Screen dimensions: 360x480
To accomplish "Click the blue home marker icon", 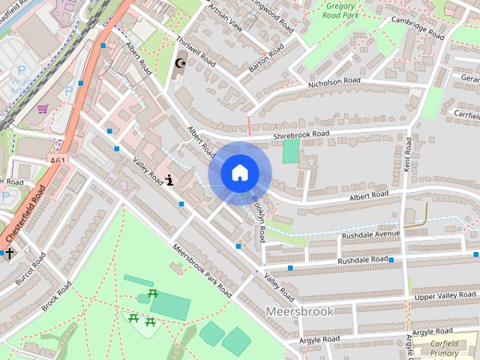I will (239, 172).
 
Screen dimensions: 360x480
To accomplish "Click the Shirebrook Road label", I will (301, 134).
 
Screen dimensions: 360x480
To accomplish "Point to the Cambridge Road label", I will (417, 31).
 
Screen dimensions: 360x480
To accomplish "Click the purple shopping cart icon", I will (42, 108).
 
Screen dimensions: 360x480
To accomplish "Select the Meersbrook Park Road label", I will (202, 271).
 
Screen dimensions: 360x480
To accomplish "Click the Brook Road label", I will (57, 297).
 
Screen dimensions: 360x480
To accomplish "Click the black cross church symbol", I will (10, 253).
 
